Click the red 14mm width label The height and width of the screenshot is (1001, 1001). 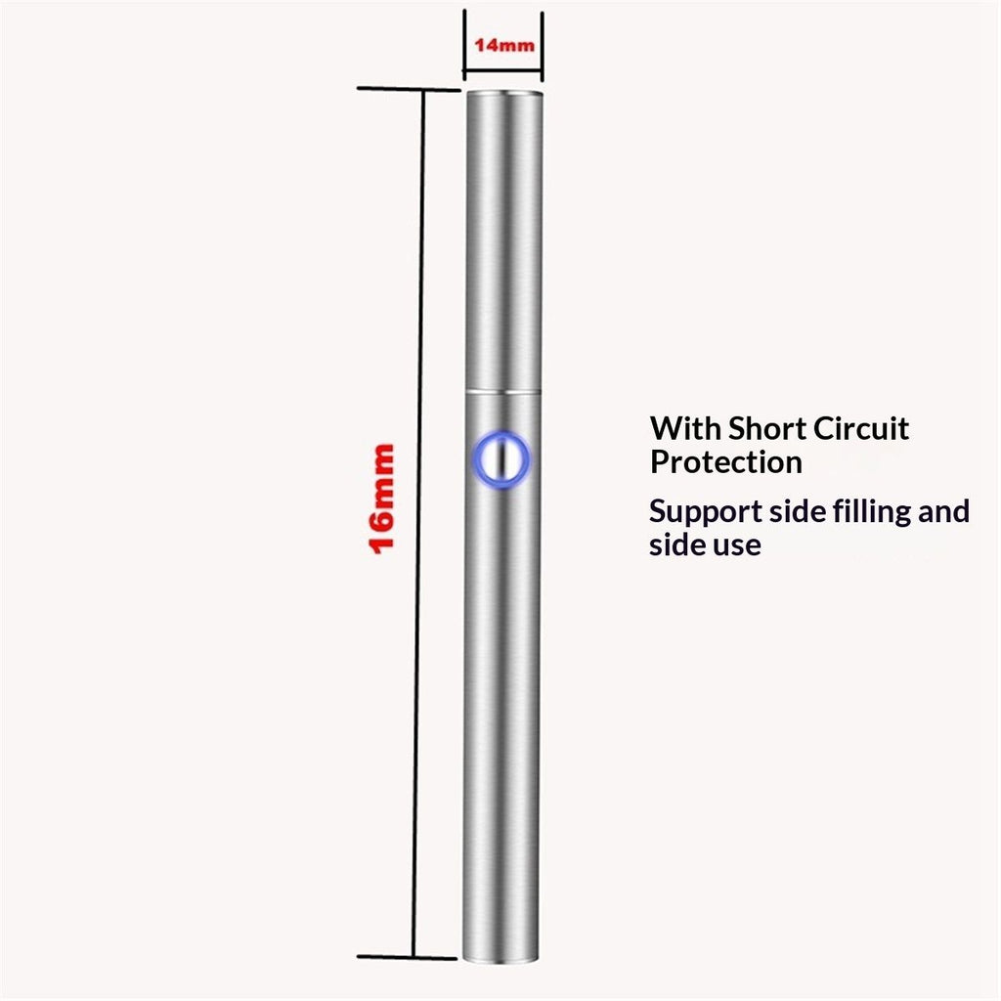click(504, 45)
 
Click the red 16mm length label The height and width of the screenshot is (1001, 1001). click(382, 499)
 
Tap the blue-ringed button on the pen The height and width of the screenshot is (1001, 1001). click(501, 459)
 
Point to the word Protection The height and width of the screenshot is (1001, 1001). click(726, 462)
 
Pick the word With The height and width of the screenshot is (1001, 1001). click(685, 428)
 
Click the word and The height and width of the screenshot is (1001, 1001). click(944, 511)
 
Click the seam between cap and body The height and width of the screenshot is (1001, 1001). click(503, 390)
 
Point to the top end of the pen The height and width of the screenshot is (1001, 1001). click(504, 93)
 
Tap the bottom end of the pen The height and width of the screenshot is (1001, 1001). click(500, 960)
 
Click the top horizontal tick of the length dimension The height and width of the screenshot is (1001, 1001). click(409, 89)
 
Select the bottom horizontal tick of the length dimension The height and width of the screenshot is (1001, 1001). click(407, 957)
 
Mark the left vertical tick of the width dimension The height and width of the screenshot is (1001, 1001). click(464, 45)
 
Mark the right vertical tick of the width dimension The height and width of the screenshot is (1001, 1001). click(542, 47)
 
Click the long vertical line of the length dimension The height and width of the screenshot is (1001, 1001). click(418, 523)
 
